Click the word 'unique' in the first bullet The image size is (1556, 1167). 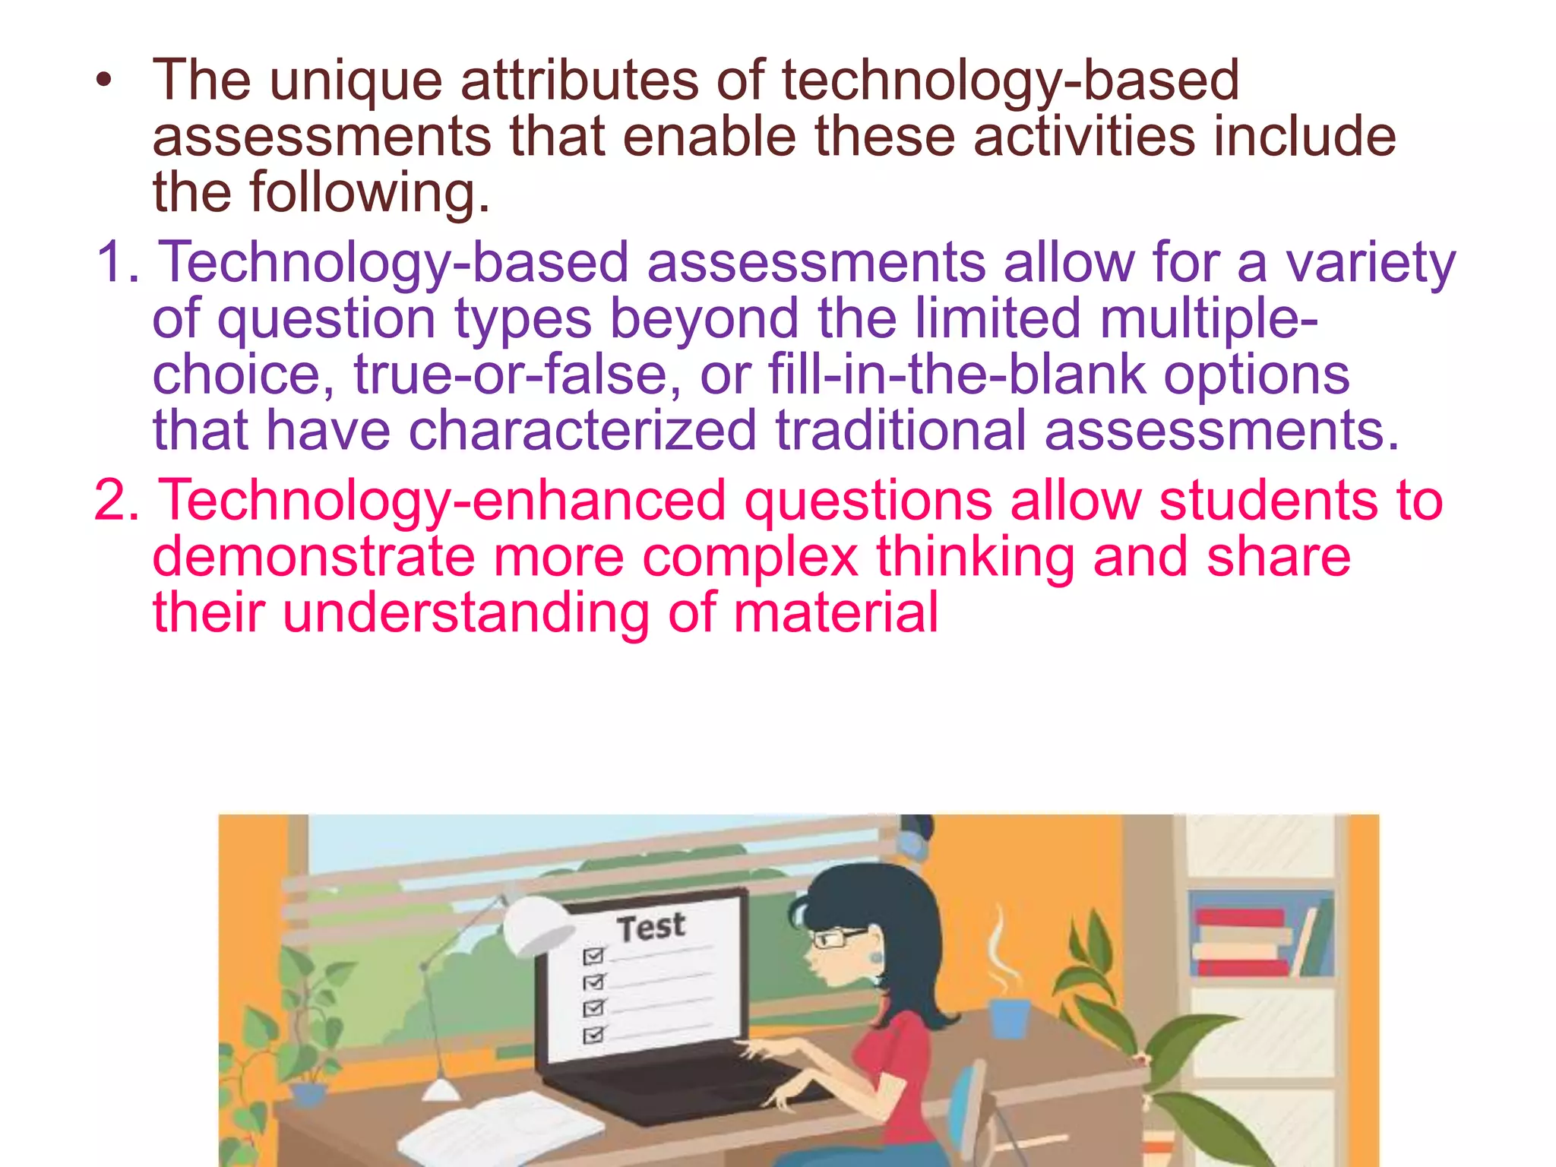pos(356,82)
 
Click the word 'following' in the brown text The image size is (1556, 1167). pos(369,193)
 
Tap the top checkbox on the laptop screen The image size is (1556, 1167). pos(593,955)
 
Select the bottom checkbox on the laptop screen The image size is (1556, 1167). pos(593,1035)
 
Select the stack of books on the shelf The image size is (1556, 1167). pos(1243,942)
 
